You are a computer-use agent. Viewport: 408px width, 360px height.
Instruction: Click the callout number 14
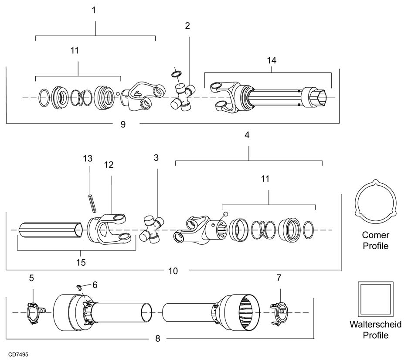pyautogui.click(x=272, y=60)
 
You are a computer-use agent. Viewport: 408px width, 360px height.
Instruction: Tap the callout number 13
pyautogui.click(x=88, y=158)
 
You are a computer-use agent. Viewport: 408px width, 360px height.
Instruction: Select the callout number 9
pyautogui.click(x=123, y=124)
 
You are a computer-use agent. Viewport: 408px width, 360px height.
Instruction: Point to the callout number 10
pyautogui.click(x=173, y=271)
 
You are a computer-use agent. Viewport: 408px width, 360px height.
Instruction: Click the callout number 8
pyautogui.click(x=158, y=339)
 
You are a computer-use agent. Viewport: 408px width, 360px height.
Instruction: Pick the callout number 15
pyautogui.click(x=81, y=262)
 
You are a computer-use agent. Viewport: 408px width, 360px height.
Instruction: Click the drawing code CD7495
pyautogui.click(x=18, y=354)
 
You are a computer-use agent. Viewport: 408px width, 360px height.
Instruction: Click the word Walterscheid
pyautogui.click(x=375, y=325)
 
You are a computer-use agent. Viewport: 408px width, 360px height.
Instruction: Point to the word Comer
pyautogui.click(x=375, y=235)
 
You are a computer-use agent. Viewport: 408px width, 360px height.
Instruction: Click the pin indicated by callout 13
pyautogui.click(x=92, y=203)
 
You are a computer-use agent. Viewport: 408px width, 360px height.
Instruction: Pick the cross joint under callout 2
pyautogui.click(x=183, y=96)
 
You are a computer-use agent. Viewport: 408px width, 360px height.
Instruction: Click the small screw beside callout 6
pyautogui.click(x=79, y=287)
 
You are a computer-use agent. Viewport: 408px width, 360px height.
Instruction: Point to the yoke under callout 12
pyautogui.click(x=109, y=229)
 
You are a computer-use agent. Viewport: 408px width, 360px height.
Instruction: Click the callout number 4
pyautogui.click(x=247, y=135)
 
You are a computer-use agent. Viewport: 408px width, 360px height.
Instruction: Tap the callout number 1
pyautogui.click(x=94, y=10)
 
